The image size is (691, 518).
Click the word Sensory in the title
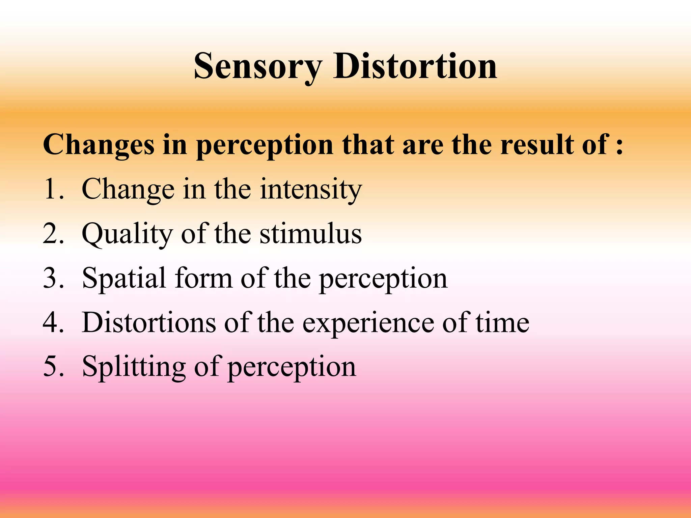(x=258, y=67)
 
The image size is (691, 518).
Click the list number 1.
(x=53, y=189)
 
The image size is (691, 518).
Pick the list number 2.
(x=53, y=233)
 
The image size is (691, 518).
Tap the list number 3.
(x=53, y=278)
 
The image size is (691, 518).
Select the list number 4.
(x=53, y=322)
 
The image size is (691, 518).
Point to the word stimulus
(x=311, y=233)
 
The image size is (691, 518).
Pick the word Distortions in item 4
(x=149, y=322)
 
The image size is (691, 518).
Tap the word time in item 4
(x=502, y=322)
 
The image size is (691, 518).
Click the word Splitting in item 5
(x=134, y=367)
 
